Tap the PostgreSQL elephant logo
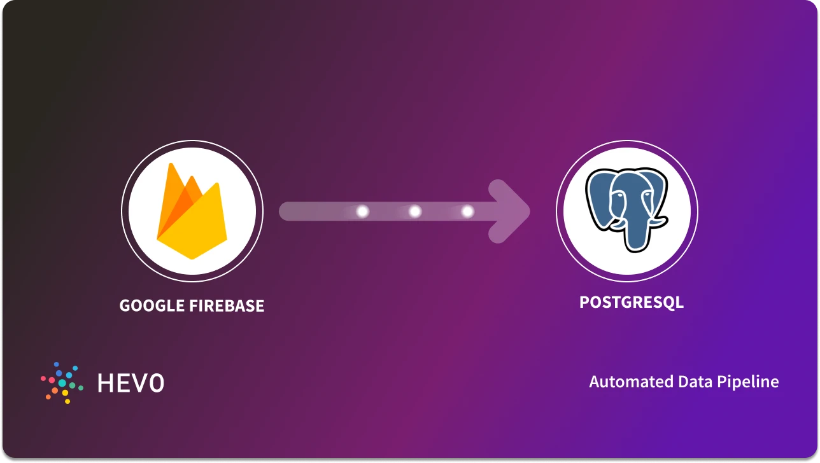coord(626,210)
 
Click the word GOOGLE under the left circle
coord(152,306)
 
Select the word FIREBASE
coord(227,306)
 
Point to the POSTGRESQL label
coord(631,301)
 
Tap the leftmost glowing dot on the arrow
coord(363,211)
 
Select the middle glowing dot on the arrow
coord(415,211)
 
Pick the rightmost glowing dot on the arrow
coord(467,211)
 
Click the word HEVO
coord(131,383)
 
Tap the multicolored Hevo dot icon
coord(62,382)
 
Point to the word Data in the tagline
coord(695,382)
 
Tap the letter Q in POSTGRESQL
coord(667,302)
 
